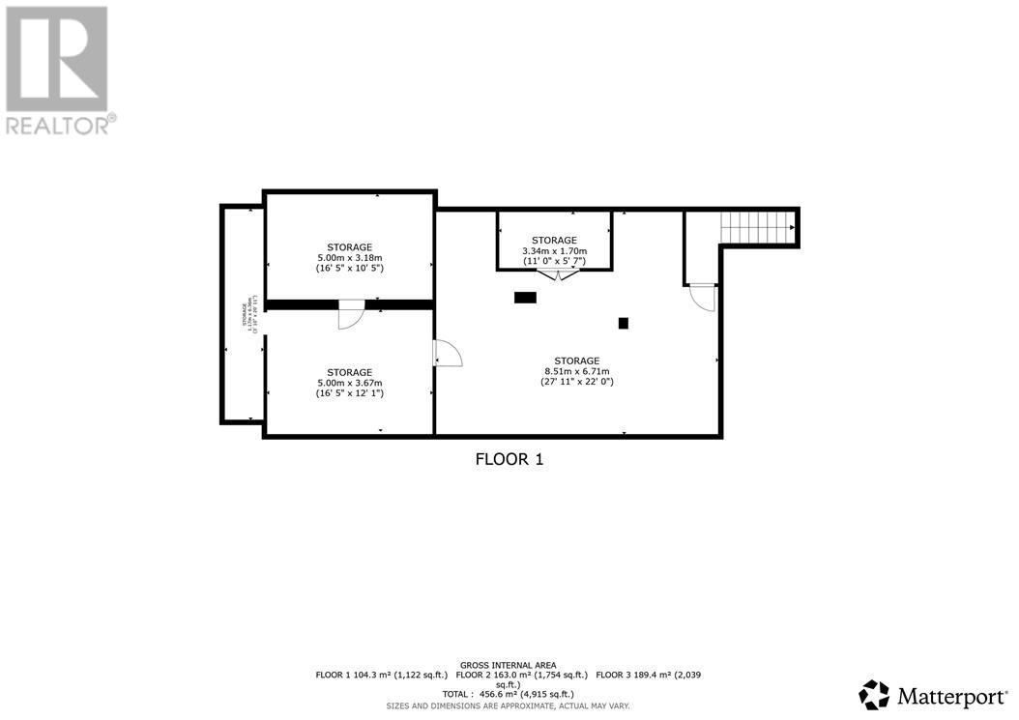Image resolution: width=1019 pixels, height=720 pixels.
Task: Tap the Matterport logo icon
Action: click(874, 694)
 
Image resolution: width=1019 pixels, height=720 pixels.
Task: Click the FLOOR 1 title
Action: click(509, 460)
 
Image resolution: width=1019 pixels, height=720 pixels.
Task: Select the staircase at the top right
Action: click(757, 228)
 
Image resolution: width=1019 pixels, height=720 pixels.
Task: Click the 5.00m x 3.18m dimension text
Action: click(350, 258)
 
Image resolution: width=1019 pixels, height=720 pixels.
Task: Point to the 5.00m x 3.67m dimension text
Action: click(350, 383)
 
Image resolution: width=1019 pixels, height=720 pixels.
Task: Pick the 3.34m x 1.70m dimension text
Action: click(554, 250)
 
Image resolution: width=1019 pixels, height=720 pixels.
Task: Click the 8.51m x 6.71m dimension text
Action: click(577, 371)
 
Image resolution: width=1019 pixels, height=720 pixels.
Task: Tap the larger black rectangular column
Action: click(525, 298)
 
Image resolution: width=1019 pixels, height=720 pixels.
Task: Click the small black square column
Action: click(624, 323)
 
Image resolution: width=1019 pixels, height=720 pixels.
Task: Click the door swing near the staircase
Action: click(703, 297)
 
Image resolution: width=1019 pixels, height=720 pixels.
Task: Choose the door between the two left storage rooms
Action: click(351, 317)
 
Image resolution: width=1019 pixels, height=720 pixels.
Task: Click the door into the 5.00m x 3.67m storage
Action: click(448, 354)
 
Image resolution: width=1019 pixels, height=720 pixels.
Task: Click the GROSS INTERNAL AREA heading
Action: click(509, 665)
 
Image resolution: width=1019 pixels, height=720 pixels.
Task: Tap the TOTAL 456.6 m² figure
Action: click(509, 694)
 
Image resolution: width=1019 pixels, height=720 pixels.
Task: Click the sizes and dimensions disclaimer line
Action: click(509, 706)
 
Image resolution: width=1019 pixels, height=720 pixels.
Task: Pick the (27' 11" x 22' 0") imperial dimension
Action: click(577, 382)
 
